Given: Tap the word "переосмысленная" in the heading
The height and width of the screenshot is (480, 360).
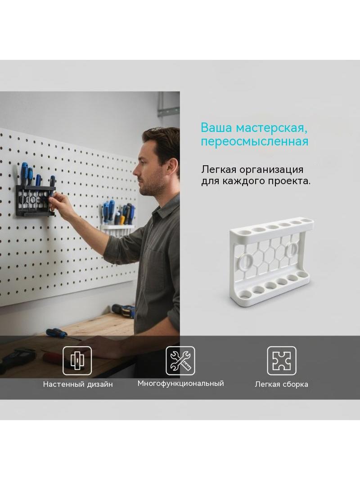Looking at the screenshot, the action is (x=255, y=142).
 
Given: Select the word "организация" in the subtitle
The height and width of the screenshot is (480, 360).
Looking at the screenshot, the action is (x=271, y=170).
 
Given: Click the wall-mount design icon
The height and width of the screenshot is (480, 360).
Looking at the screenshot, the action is (x=77, y=361).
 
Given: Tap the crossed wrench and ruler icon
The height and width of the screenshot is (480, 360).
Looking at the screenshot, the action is (x=180, y=361).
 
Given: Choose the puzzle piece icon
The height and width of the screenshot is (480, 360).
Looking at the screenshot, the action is (x=282, y=361).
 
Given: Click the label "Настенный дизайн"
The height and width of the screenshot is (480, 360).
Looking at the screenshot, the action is (x=78, y=384).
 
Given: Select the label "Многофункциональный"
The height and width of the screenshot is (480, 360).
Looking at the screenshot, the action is (x=180, y=384).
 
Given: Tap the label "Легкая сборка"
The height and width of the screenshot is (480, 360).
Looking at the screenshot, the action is (x=281, y=384).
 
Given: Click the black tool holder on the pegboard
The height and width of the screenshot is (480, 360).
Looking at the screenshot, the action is (x=36, y=200).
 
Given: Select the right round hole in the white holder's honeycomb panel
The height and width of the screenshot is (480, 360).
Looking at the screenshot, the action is (x=291, y=249).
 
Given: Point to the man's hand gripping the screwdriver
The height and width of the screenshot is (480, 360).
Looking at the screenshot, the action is (x=59, y=202).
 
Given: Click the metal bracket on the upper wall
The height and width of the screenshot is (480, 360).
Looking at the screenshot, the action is (x=168, y=104).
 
